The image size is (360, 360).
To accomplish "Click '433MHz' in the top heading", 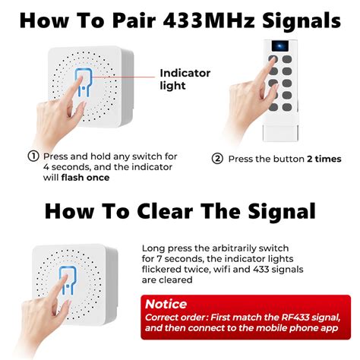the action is point(209,21).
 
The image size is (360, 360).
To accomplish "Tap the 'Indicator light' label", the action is point(185,79).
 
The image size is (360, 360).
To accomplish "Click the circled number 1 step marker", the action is point(33,156).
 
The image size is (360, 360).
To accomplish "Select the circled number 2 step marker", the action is point(217,159).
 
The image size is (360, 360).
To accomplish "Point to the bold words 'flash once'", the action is point(85,178).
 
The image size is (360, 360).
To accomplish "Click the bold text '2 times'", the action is point(324,159).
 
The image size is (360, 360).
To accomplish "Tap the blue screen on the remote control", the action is point(280,46).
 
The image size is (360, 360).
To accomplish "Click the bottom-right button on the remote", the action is point(287,107).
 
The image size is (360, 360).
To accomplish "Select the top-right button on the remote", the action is point(287,59).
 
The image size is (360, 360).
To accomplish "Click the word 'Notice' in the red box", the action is point(166,304).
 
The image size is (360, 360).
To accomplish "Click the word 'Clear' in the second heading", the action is point(165,212).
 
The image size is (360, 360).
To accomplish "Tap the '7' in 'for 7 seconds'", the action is point(159,259).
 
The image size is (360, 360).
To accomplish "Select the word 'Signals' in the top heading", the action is point(302,21).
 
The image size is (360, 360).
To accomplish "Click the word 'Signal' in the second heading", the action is point(282,212).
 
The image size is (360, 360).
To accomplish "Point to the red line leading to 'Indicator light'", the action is point(123,77).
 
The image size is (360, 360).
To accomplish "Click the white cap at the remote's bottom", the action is point(280,133).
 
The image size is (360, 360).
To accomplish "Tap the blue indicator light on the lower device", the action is point(68,280).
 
